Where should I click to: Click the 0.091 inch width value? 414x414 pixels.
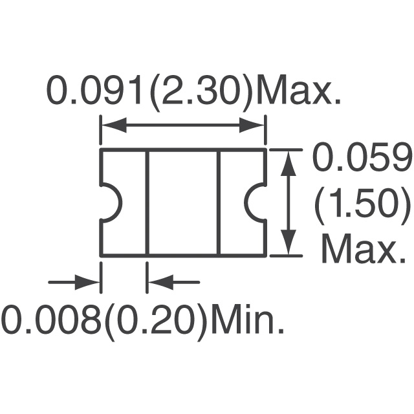[94, 91]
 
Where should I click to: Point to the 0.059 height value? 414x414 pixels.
[362, 156]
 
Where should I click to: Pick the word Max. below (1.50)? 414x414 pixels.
[364, 248]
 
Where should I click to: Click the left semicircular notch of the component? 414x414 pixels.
[121, 203]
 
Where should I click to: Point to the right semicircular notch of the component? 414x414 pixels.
[249, 203]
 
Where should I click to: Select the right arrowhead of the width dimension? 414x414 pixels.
[252, 125]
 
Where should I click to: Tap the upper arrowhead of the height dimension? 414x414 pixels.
[288, 163]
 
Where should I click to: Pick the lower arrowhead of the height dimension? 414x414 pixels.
[288, 242]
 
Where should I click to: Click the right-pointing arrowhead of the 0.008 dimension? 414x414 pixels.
[87, 282]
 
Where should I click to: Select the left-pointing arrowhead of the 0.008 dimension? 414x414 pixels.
[161, 282]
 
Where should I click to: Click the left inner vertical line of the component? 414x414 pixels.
[147, 203]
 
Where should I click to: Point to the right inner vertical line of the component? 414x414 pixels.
[219, 203]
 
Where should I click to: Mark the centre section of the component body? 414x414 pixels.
[183, 203]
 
